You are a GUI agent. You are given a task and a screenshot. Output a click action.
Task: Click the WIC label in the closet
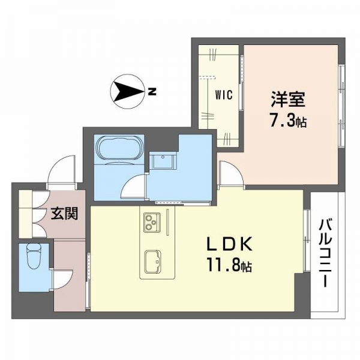[x=224, y=95]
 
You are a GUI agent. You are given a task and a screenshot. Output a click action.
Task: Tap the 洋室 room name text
[x=288, y=100]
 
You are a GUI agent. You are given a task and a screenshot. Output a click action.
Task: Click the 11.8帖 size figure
[x=230, y=266]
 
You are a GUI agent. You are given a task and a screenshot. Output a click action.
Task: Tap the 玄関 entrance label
[x=65, y=214]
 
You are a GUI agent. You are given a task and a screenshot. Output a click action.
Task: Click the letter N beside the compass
[x=152, y=92]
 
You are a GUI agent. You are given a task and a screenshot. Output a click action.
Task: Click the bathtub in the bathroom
[x=121, y=148]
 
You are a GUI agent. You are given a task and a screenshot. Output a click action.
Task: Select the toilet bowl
[x=34, y=256]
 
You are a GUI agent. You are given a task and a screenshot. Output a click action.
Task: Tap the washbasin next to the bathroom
[x=163, y=161]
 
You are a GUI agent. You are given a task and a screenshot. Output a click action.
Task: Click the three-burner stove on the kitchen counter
[x=152, y=222]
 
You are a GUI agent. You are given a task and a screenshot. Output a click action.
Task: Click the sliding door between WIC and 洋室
[x=241, y=83]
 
